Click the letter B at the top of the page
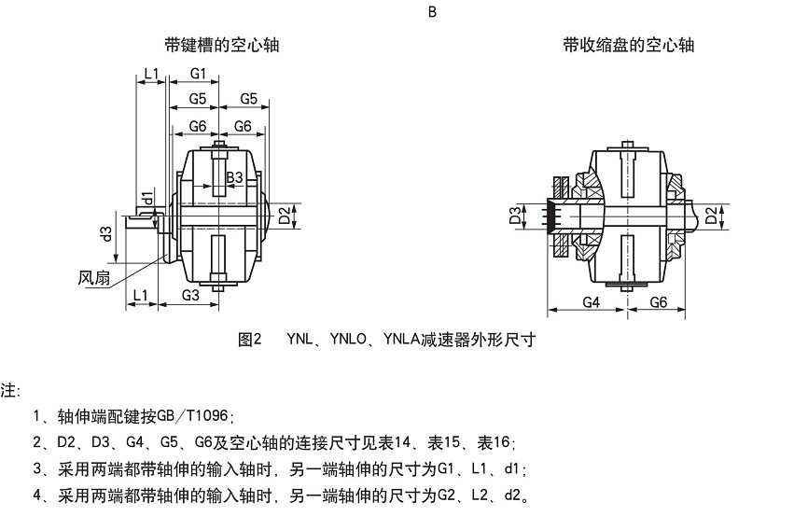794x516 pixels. click(432, 12)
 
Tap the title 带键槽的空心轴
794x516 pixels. click(221, 45)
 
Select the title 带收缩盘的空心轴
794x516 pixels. click(628, 45)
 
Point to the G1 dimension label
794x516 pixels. click(198, 73)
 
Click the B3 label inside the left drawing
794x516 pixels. click(235, 176)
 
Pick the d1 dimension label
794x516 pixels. click(146, 198)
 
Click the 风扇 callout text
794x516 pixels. click(94, 277)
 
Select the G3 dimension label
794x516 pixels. click(190, 295)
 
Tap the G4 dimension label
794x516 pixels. click(592, 302)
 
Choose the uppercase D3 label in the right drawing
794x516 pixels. click(515, 216)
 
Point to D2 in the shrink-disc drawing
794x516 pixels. click(711, 216)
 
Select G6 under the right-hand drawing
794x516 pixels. click(658, 302)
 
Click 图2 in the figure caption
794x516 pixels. click(251, 340)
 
